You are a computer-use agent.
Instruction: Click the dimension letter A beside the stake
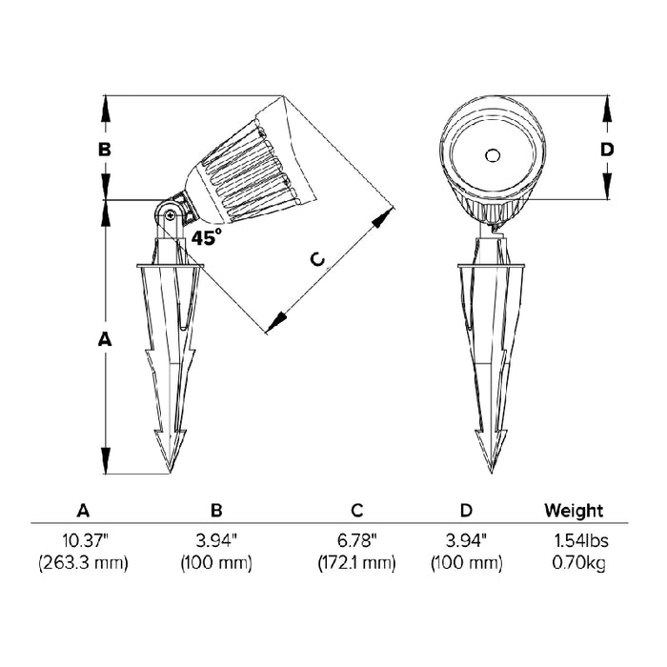pyautogui.click(x=105, y=339)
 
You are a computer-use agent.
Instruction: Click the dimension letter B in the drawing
pyautogui.click(x=105, y=150)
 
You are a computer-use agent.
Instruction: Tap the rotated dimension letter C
pyautogui.click(x=317, y=259)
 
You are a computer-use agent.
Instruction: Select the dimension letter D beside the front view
pyautogui.click(x=607, y=150)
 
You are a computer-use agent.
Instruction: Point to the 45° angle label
pyautogui.click(x=207, y=236)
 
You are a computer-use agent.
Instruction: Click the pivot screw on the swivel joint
pyautogui.click(x=171, y=215)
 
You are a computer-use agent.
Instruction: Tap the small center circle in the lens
pyautogui.click(x=493, y=155)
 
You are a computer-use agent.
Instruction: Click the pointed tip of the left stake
pyautogui.click(x=171, y=473)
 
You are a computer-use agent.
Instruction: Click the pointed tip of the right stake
pyautogui.click(x=492, y=473)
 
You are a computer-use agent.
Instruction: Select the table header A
pyautogui.click(x=84, y=510)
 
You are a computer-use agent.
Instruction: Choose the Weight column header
pyautogui.click(x=574, y=510)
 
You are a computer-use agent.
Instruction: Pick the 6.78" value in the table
pyautogui.click(x=357, y=541)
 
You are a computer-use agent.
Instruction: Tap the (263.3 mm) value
pyautogui.click(x=84, y=563)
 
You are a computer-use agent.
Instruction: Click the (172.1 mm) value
pyautogui.click(x=357, y=563)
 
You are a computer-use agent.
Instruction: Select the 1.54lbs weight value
pyautogui.click(x=580, y=541)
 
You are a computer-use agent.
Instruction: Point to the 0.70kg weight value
pyautogui.click(x=579, y=564)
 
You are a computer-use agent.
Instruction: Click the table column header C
pyautogui.click(x=357, y=510)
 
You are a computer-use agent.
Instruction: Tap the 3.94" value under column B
pyautogui.click(x=216, y=541)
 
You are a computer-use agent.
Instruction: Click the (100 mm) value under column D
pyautogui.click(x=467, y=563)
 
